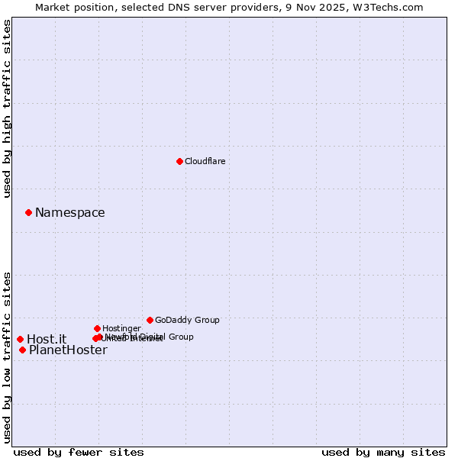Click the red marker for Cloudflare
click(179, 161)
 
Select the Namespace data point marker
click(28, 212)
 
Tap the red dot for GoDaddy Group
click(150, 320)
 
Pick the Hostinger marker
click(97, 328)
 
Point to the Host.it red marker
click(20, 339)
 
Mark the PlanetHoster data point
click(22, 350)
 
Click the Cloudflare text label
click(205, 161)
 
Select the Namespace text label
click(69, 212)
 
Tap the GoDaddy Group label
click(187, 320)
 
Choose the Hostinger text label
click(121, 328)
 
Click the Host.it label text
click(47, 339)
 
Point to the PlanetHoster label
click(68, 350)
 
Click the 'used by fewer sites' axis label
click(79, 452)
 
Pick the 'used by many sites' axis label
click(383, 452)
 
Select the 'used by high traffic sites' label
click(7, 108)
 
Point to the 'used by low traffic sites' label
click(7, 356)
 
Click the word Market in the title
click(54, 7)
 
